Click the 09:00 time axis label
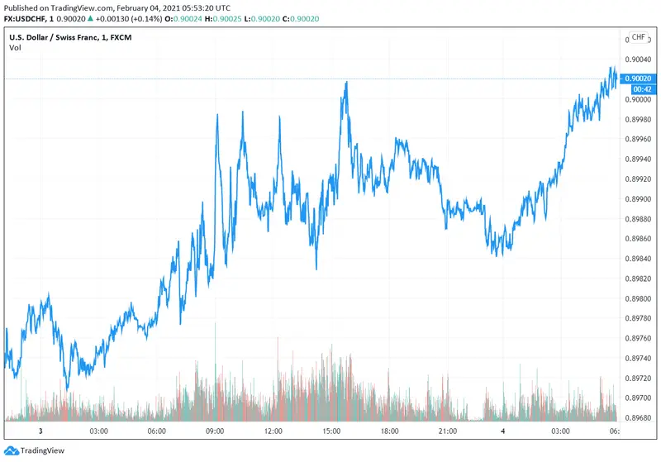click(x=215, y=431)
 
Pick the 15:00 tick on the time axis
click(x=331, y=431)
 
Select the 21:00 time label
click(x=448, y=431)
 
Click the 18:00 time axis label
click(x=390, y=431)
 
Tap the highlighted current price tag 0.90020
click(x=640, y=79)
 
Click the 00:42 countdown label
click(x=640, y=88)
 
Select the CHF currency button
click(x=638, y=37)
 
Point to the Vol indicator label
click(x=15, y=48)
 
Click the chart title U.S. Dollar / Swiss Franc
click(x=56, y=36)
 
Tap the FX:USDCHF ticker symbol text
click(x=27, y=19)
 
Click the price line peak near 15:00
click(x=346, y=82)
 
